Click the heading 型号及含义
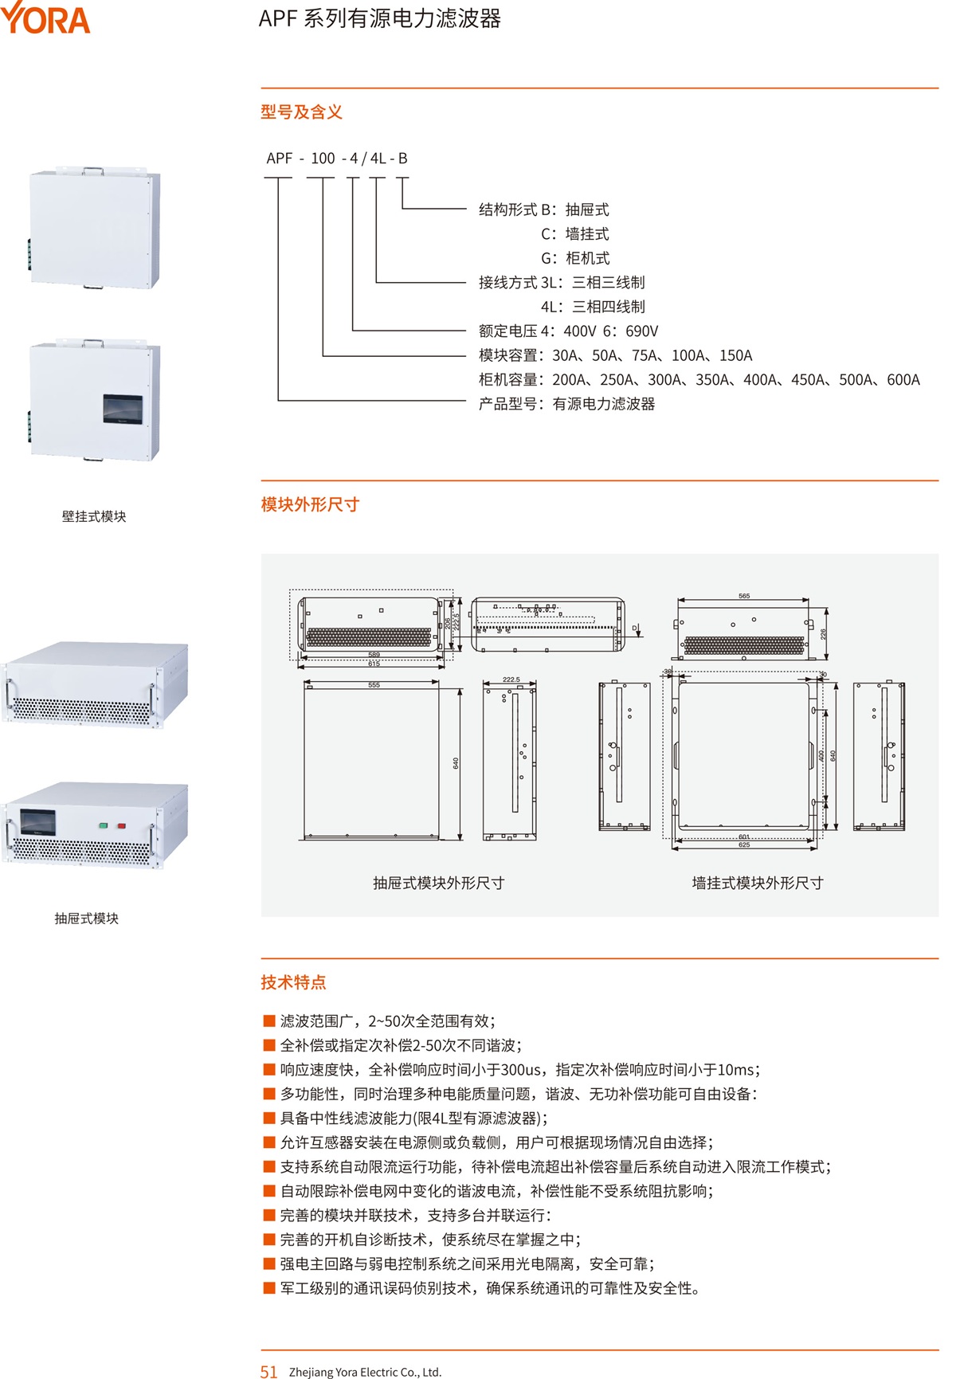301,112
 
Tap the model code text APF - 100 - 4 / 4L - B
337,159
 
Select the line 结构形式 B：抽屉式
543,210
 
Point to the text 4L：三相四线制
593,307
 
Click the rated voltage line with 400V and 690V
568,331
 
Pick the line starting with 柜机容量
699,380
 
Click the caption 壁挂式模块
94,516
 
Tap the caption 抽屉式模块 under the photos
86,919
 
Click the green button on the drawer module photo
103,825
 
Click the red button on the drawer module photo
122,825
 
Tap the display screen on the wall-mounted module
123,408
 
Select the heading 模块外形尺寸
310,504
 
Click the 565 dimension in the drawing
744,596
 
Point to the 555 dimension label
374,685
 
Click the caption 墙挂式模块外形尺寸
757,883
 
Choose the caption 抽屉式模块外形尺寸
438,883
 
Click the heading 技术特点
293,982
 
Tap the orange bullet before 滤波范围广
269,1021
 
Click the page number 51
268,1371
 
